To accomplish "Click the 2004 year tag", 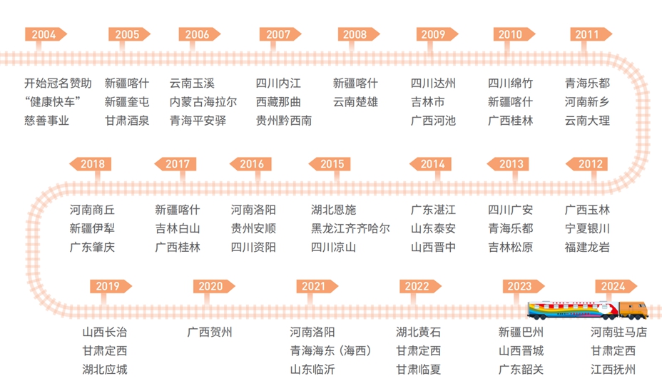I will pyautogui.click(x=45, y=34).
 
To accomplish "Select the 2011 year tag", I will pyautogui.click(x=588, y=34).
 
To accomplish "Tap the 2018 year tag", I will pyautogui.click(x=91, y=164).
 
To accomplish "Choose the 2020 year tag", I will pyautogui.click(x=212, y=286).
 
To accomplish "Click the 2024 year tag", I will pyautogui.click(x=613, y=286).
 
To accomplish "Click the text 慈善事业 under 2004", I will pyautogui.click(x=47, y=121).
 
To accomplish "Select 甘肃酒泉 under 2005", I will pyautogui.click(x=127, y=121).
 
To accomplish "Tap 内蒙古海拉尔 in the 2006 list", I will pyautogui.click(x=203, y=102).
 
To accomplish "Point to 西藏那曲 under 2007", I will pyautogui.click(x=278, y=102).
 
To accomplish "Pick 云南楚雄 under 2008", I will pyautogui.click(x=355, y=102).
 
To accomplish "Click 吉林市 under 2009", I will pyautogui.click(x=428, y=102).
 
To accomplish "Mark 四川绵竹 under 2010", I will pyautogui.click(x=510, y=83).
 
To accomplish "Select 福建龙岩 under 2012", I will pyautogui.click(x=587, y=247).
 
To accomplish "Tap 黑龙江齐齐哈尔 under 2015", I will pyautogui.click(x=350, y=228).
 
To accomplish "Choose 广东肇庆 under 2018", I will pyautogui.click(x=92, y=247).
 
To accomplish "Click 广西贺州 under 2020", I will pyautogui.click(x=210, y=332).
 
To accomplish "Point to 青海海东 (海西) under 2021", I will pyautogui.click(x=331, y=350).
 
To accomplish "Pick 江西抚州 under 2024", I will pyautogui.click(x=613, y=369).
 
